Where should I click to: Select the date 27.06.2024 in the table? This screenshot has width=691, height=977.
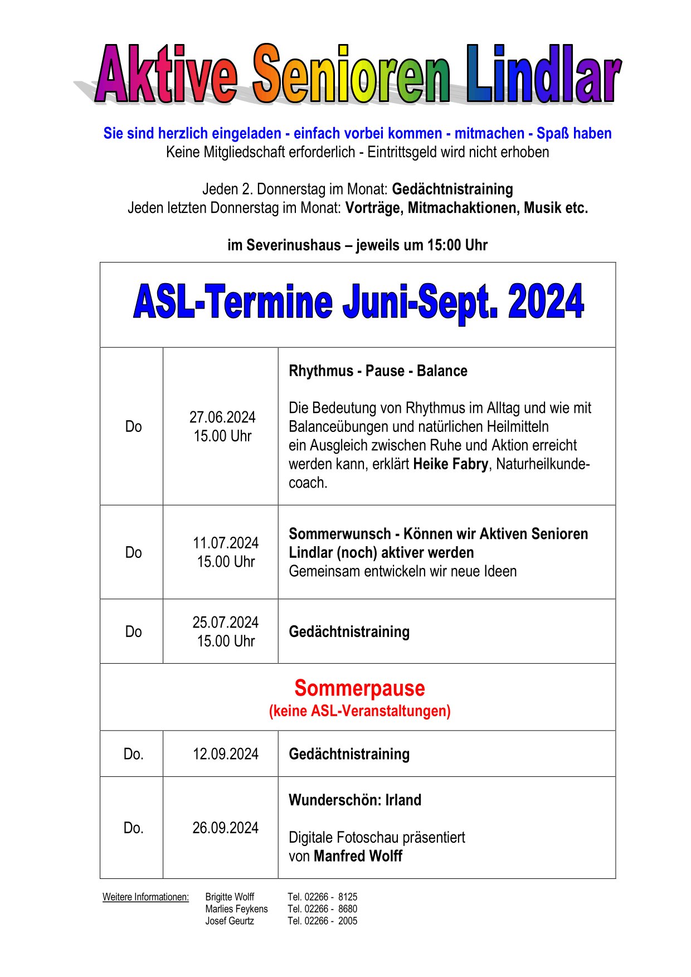click(x=222, y=417)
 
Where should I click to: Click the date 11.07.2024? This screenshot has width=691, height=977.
click(x=226, y=543)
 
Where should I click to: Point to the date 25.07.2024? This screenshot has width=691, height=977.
click(x=226, y=623)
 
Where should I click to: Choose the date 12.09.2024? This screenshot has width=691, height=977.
click(x=226, y=754)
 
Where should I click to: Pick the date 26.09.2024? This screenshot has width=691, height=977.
click(x=226, y=828)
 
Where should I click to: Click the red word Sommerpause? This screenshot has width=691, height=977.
click(x=359, y=688)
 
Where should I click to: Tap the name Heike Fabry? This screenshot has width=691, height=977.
click(x=451, y=464)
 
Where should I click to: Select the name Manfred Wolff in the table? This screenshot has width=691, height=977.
click(x=358, y=856)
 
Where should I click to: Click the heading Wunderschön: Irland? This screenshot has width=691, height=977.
click(x=355, y=800)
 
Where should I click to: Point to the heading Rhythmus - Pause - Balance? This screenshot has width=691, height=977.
click(x=378, y=371)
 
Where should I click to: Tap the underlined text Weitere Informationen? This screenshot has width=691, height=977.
click(x=145, y=897)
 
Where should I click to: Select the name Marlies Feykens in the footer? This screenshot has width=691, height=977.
click(x=236, y=909)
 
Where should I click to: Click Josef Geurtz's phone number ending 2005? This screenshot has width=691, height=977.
click(x=323, y=921)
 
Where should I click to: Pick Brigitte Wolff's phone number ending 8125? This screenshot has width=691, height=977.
click(x=323, y=897)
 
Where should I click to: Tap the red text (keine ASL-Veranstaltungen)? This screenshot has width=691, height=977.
click(x=359, y=711)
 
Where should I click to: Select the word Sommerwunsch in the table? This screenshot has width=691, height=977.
click(x=339, y=534)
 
